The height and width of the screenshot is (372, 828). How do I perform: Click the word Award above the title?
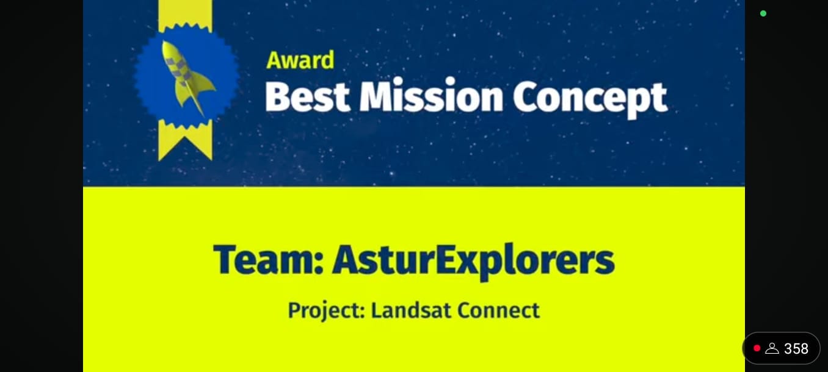coord(300,60)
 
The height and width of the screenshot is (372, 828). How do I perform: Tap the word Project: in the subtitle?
coord(326,310)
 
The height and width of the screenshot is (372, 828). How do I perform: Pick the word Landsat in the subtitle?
coord(410,310)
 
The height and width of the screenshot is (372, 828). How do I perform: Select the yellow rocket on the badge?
coord(186,76)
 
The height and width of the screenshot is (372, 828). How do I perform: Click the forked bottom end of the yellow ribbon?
coord(185,146)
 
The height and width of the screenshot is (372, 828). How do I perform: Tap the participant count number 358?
coord(796,349)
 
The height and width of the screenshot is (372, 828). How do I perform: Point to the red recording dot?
coord(757,348)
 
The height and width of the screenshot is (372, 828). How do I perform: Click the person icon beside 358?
coord(772,349)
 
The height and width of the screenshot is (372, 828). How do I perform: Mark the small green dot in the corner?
coord(763,13)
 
